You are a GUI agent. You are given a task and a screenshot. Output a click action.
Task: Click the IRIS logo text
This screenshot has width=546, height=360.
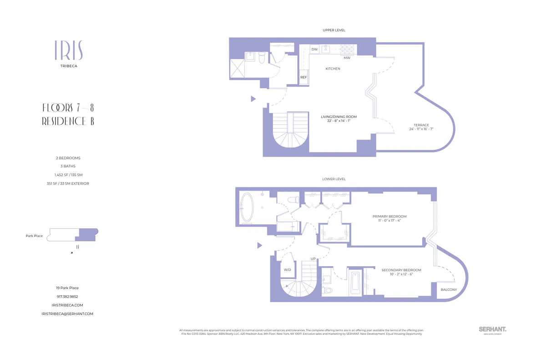point(68,51)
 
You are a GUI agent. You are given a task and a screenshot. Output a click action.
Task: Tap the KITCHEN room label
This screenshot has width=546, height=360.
point(333,69)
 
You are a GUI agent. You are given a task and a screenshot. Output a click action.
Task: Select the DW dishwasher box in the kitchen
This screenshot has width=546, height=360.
point(314,49)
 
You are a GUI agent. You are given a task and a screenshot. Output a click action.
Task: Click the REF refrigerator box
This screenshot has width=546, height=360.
point(303,77)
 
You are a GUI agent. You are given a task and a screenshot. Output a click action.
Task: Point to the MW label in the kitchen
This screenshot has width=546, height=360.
point(347,58)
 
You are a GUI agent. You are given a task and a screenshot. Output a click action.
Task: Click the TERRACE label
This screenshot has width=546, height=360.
point(421,125)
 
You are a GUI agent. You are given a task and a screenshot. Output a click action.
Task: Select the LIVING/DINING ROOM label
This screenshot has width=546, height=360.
point(336,117)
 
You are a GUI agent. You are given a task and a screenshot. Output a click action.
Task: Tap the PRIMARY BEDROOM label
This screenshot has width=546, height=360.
point(389,216)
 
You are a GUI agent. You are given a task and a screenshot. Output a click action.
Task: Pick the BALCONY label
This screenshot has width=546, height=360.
point(449,290)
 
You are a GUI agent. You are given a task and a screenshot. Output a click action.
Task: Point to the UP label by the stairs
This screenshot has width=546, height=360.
point(313,259)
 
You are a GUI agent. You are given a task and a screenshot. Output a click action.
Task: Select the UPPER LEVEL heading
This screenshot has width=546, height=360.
point(334,30)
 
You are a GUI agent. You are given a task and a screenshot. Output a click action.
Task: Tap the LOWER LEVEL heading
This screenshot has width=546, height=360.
point(334,179)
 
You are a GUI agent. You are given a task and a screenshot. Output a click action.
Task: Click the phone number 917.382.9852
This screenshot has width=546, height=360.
point(68,296)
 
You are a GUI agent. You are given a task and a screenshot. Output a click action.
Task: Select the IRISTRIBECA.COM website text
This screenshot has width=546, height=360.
point(68,305)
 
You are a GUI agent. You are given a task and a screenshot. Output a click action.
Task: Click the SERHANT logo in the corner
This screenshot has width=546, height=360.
point(492,329)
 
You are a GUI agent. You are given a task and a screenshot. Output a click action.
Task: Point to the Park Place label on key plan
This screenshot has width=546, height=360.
point(34,236)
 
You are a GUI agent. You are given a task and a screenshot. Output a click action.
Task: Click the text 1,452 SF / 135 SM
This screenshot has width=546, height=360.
point(68,175)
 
